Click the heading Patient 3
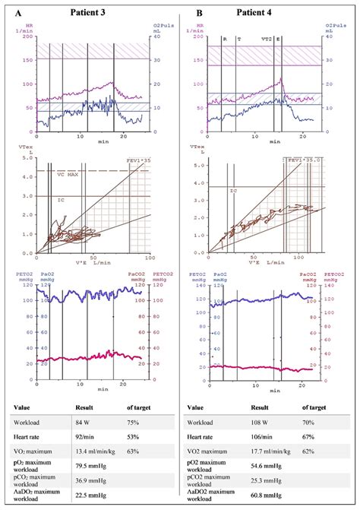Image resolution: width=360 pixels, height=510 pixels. click(93, 11)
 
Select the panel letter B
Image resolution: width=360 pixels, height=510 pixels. click(199, 12)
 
